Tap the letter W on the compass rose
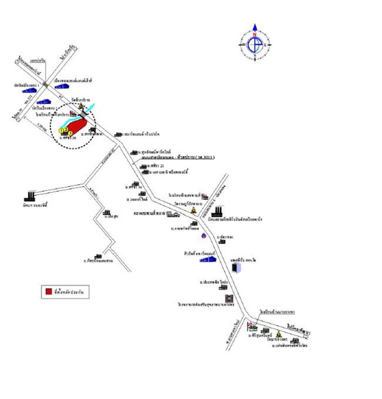pyautogui.click(x=243, y=44)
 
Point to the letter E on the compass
pyautogui.click(x=265, y=44)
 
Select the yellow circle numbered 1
pyautogui.click(x=61, y=130)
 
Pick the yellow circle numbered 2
pyautogui.click(x=66, y=129)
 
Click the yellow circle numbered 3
pyautogui.click(x=70, y=133)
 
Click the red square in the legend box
pyautogui.click(x=48, y=291)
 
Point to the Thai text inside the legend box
pyautogui.click(x=69, y=291)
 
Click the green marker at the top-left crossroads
pyautogui.click(x=45, y=85)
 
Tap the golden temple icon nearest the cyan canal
pyautogui.click(x=81, y=106)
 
